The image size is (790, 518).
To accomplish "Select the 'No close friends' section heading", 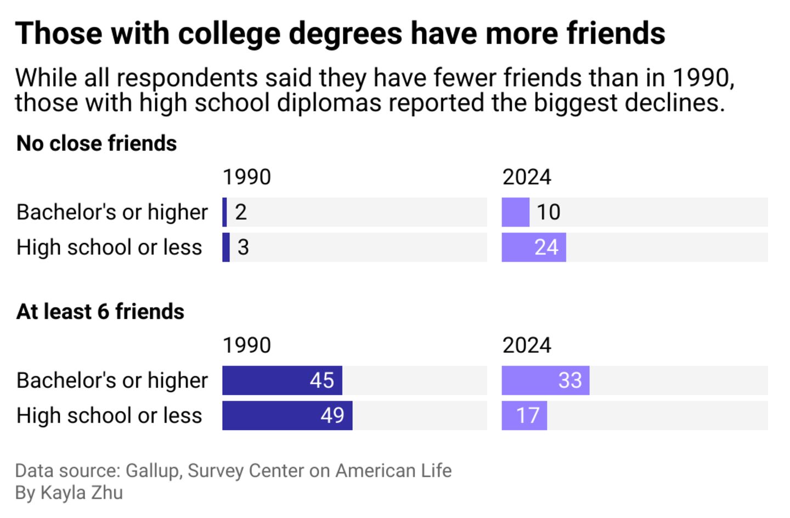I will click(x=97, y=143).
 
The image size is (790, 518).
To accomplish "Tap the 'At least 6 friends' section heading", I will click(x=100, y=312).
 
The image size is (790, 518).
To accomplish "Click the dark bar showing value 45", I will click(x=282, y=380).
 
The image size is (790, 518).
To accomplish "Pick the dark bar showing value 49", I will click(x=287, y=415).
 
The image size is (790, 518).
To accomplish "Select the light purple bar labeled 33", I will click(x=545, y=380).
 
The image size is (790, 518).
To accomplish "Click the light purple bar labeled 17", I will click(x=524, y=415).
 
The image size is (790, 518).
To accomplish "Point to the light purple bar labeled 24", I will click(x=533, y=247).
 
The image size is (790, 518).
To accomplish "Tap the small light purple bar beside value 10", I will click(x=515, y=212).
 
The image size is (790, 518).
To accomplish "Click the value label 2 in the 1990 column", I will click(x=241, y=212).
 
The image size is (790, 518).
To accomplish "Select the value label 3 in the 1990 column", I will click(x=243, y=247).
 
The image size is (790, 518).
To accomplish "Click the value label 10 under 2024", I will click(x=548, y=212).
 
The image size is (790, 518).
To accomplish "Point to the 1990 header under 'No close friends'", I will click(x=247, y=177).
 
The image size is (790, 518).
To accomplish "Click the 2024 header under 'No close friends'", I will click(x=527, y=177).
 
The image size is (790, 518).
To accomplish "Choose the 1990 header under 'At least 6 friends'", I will click(x=247, y=346).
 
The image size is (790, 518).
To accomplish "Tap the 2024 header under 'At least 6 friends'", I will click(x=527, y=346).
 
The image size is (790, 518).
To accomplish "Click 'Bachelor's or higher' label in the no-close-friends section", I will click(x=112, y=212).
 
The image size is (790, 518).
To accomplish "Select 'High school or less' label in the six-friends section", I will click(x=109, y=415).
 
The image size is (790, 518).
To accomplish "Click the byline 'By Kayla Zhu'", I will click(x=69, y=493).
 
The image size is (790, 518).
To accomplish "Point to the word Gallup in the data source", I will click(x=152, y=471).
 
